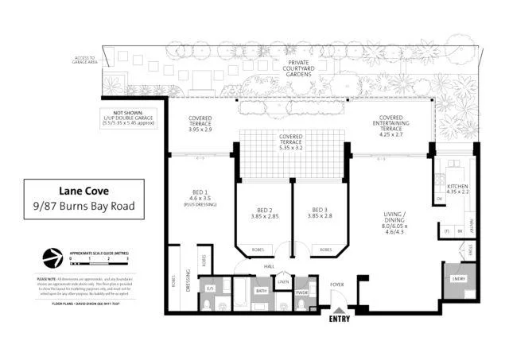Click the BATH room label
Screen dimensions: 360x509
tap(262, 290)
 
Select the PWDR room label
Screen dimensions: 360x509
tap(301, 290)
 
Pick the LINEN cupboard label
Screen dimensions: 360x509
tap(282, 281)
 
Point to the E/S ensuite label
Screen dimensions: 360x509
tap(211, 288)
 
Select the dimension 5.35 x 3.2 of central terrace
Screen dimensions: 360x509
tap(292, 148)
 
